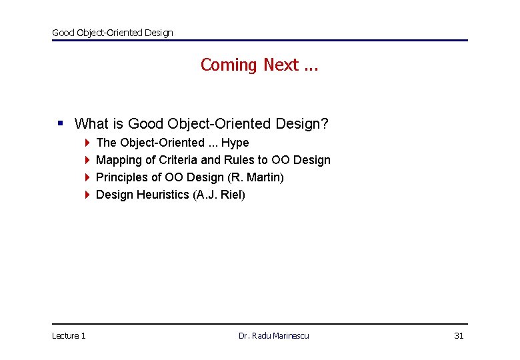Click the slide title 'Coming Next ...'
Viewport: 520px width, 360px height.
[x=259, y=65]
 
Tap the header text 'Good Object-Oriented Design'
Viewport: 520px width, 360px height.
[x=112, y=33]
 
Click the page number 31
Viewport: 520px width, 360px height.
[x=459, y=335]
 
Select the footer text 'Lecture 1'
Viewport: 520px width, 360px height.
[x=69, y=335]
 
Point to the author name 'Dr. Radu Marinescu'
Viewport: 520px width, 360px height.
[x=273, y=335]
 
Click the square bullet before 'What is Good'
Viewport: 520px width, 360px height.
[x=61, y=123]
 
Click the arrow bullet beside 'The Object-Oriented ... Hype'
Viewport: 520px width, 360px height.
[x=87, y=143]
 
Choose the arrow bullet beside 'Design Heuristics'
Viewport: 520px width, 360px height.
[x=87, y=195]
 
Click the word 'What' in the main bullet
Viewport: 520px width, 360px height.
[x=91, y=124]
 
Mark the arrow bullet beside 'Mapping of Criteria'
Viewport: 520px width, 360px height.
[x=87, y=160]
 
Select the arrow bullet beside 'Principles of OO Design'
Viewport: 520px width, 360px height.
[x=87, y=177]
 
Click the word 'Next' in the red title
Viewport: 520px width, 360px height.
[x=281, y=65]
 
